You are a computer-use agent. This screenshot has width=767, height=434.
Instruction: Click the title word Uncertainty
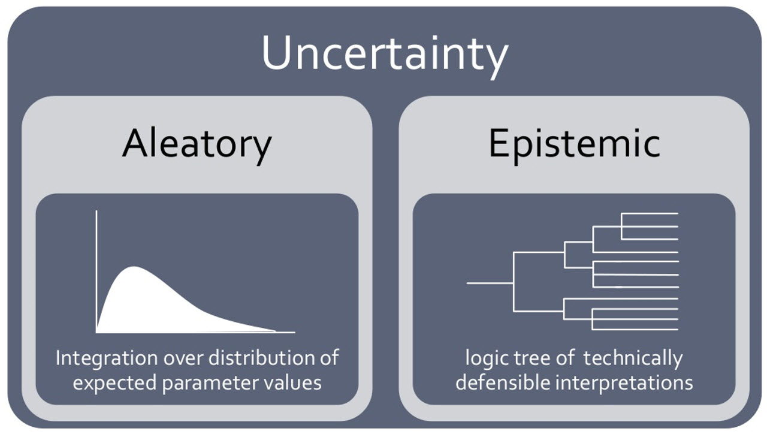[384, 54]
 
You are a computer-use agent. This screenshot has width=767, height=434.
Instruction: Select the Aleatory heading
[197, 144]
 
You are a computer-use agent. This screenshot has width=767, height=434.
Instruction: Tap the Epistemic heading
[574, 144]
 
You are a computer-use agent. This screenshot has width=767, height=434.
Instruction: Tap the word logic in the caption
[484, 358]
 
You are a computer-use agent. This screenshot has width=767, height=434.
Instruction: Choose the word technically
[633, 358]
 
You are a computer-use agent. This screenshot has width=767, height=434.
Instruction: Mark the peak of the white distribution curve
[134, 267]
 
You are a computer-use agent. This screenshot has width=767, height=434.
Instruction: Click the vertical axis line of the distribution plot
[96, 270]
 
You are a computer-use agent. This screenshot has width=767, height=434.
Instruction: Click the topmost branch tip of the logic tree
[677, 213]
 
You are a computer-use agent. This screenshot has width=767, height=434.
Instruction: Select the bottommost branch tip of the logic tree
[677, 330]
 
